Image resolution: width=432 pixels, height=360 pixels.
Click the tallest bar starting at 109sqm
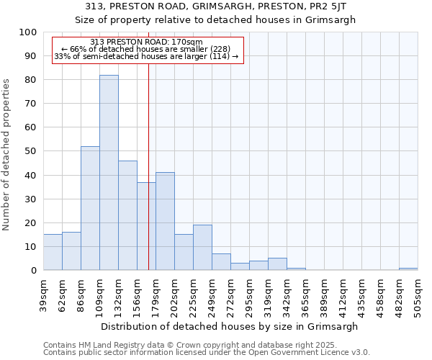(x=109, y=173)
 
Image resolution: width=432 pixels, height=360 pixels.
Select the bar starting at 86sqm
(x=90, y=208)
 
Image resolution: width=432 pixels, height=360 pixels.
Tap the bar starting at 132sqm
(x=127, y=215)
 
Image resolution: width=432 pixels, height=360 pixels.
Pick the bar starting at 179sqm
(x=165, y=221)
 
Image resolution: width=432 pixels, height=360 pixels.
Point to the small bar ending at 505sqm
(x=408, y=269)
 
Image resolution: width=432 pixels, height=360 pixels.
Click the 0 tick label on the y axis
(x=33, y=270)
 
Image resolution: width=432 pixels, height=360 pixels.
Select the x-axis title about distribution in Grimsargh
(x=230, y=326)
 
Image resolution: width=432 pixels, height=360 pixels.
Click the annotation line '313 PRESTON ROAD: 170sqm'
(x=147, y=42)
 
